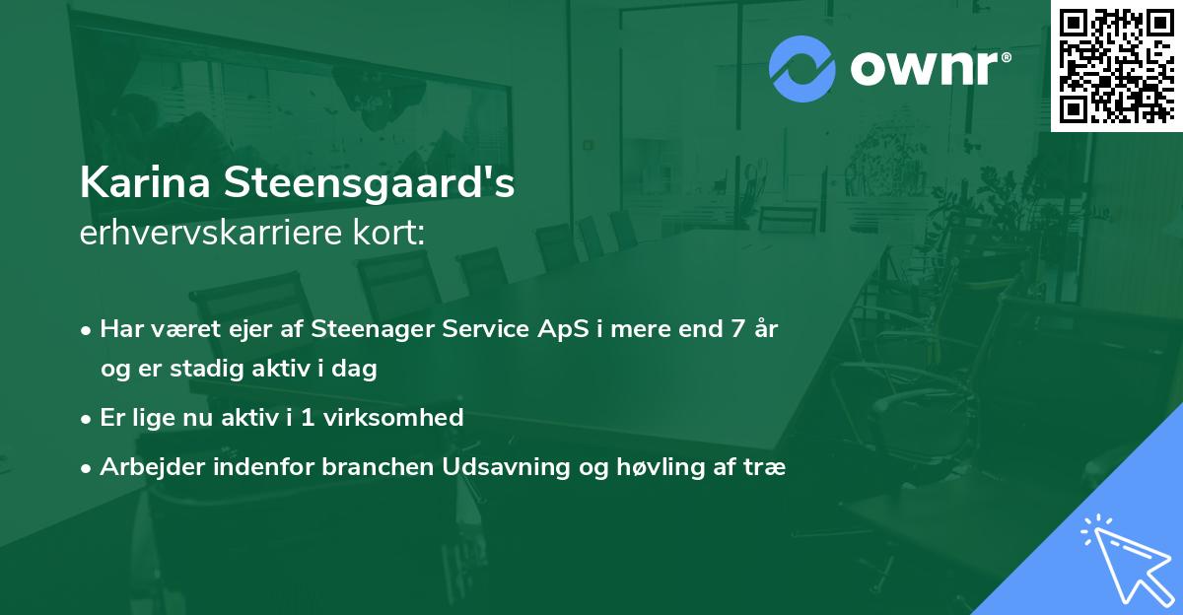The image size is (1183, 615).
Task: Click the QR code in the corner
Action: pyautogui.click(x=1116, y=65)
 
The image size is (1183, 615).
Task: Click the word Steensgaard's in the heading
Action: pyautogui.click(x=374, y=184)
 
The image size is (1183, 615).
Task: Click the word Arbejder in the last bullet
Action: pyautogui.click(x=145, y=467)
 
